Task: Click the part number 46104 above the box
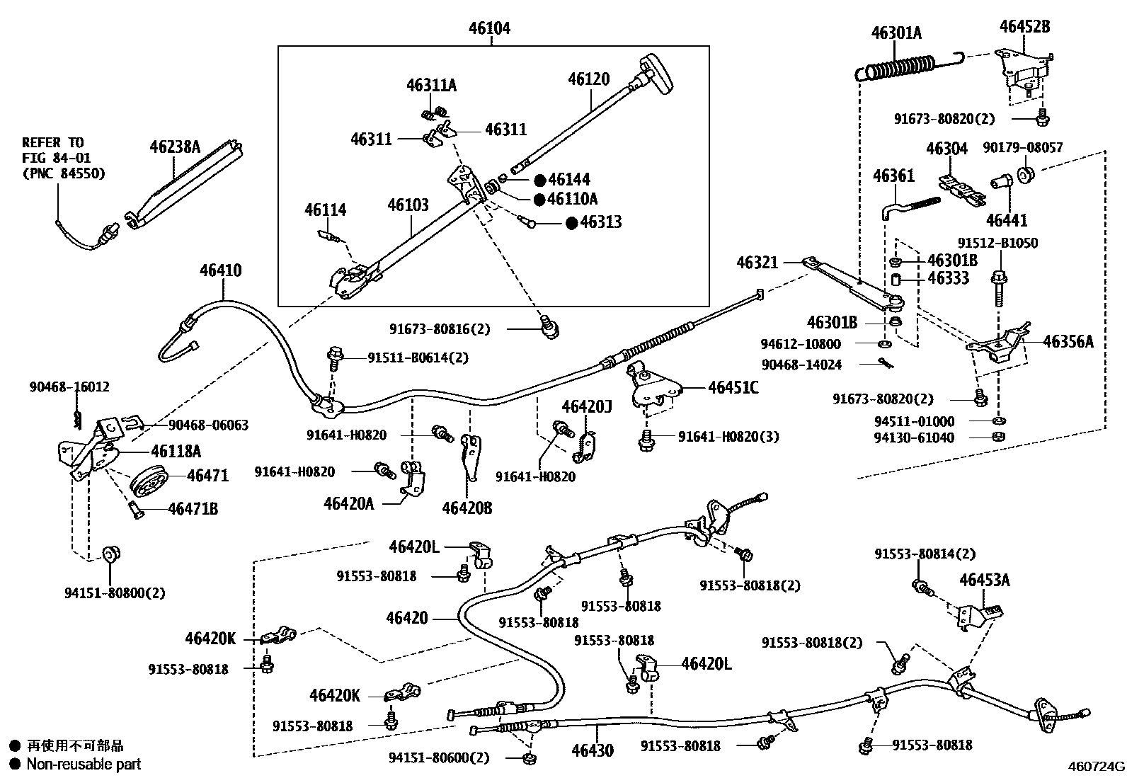[489, 28]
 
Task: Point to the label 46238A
[175, 147]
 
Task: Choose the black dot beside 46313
[571, 222]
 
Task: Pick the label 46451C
[733, 387]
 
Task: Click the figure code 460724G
[1096, 766]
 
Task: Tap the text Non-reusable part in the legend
[84, 764]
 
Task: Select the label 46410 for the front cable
[220, 270]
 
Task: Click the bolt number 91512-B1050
[997, 243]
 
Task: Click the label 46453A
[984, 580]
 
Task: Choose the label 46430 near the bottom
[593, 750]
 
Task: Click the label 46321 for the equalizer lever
[757, 263]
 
